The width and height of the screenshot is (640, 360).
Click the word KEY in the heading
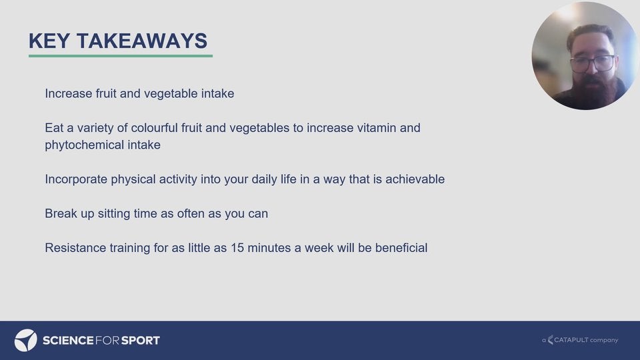49,41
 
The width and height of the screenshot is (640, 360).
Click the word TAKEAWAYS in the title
142,41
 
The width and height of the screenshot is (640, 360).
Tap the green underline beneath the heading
121,55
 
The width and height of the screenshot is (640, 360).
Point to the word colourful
154,128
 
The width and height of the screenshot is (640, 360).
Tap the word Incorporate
76,179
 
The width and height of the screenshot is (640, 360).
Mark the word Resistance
75,248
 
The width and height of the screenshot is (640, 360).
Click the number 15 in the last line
237,248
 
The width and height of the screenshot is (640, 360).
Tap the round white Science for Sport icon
26,340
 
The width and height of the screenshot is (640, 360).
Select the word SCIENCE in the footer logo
68,341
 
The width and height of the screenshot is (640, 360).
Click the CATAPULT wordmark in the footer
571,339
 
